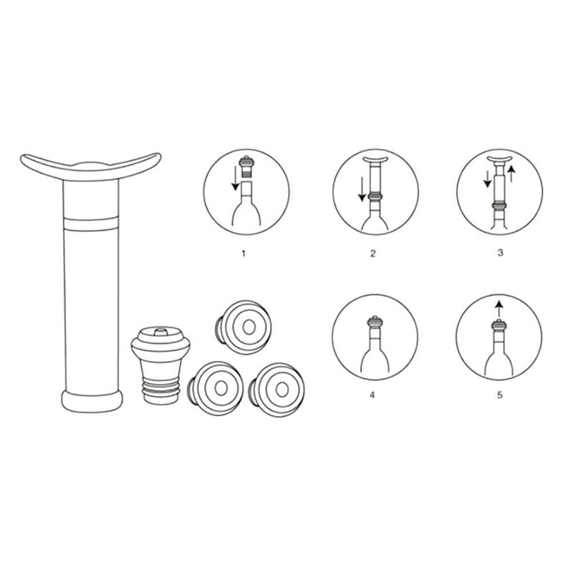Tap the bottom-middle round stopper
tap(217, 387)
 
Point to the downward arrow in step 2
tap(362, 188)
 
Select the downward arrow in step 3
tap(488, 179)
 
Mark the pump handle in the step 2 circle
tap(373, 158)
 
